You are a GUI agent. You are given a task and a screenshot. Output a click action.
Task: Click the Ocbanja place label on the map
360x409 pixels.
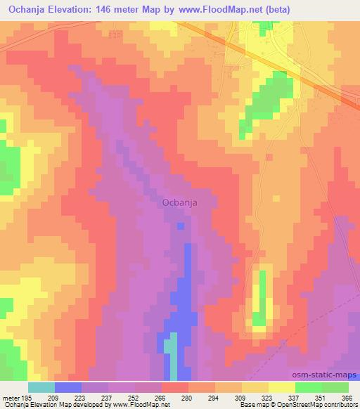(179, 202)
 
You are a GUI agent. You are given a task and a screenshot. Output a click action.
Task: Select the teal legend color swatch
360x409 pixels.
(41, 387)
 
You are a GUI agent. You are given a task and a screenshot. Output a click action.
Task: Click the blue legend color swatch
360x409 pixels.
(68, 387)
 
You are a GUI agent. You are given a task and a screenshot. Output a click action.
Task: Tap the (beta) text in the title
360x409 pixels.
(276, 9)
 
